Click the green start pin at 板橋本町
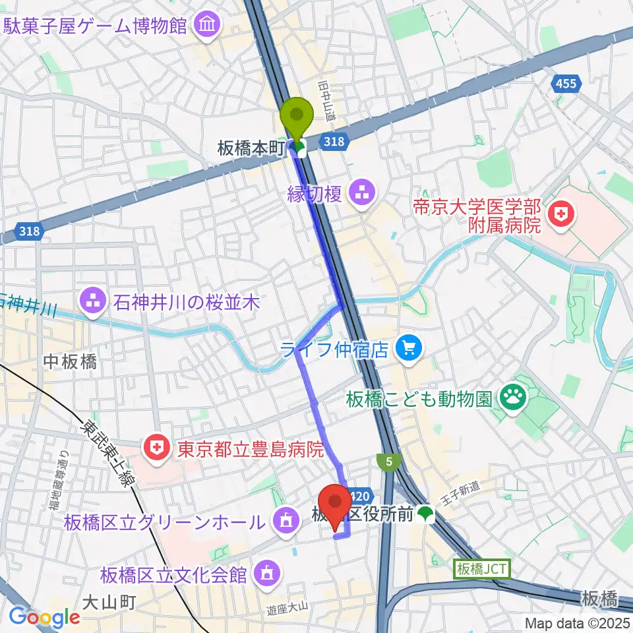coord(297,119)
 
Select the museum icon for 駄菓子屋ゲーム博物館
coord(209,26)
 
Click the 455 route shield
coord(565,83)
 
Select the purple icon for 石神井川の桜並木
coord(90,303)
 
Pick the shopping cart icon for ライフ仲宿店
coord(409,348)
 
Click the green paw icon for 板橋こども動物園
coord(512,398)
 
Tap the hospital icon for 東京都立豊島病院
coord(156,450)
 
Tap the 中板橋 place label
coord(71,361)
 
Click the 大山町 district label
coord(109,602)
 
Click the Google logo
coord(44,616)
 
